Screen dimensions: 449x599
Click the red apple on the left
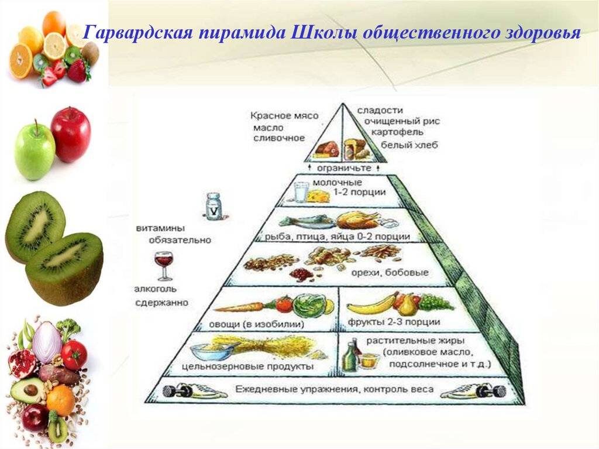click(71, 134)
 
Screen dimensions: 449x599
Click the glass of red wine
click(164, 265)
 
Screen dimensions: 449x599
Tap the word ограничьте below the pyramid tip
click(344, 167)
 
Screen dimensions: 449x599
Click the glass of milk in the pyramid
click(302, 193)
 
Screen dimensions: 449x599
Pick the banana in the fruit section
click(370, 305)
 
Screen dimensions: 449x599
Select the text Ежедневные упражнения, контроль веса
click(335, 389)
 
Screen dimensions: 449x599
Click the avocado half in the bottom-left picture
click(27, 389)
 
